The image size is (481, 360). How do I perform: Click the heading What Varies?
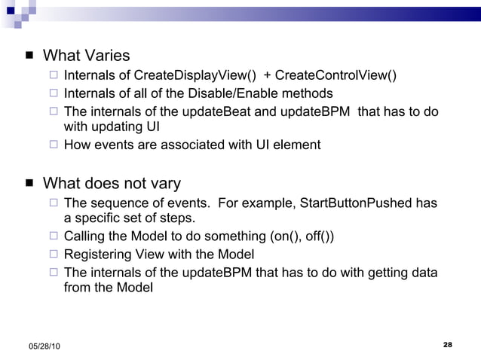(87, 56)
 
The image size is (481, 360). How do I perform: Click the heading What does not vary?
(112, 184)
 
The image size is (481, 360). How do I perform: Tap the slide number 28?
(447, 344)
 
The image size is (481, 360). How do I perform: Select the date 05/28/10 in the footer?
(46, 346)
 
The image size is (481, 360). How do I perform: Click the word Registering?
(98, 254)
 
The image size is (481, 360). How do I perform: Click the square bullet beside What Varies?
(29, 56)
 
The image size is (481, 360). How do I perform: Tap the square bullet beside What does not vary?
(29, 184)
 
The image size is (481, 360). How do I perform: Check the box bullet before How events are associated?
(53, 145)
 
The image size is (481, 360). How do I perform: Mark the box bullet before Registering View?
(53, 254)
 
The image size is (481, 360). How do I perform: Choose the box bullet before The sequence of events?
(53, 204)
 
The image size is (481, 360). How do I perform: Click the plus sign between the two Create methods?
(268, 76)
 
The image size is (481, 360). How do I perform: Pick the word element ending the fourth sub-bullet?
(299, 145)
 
